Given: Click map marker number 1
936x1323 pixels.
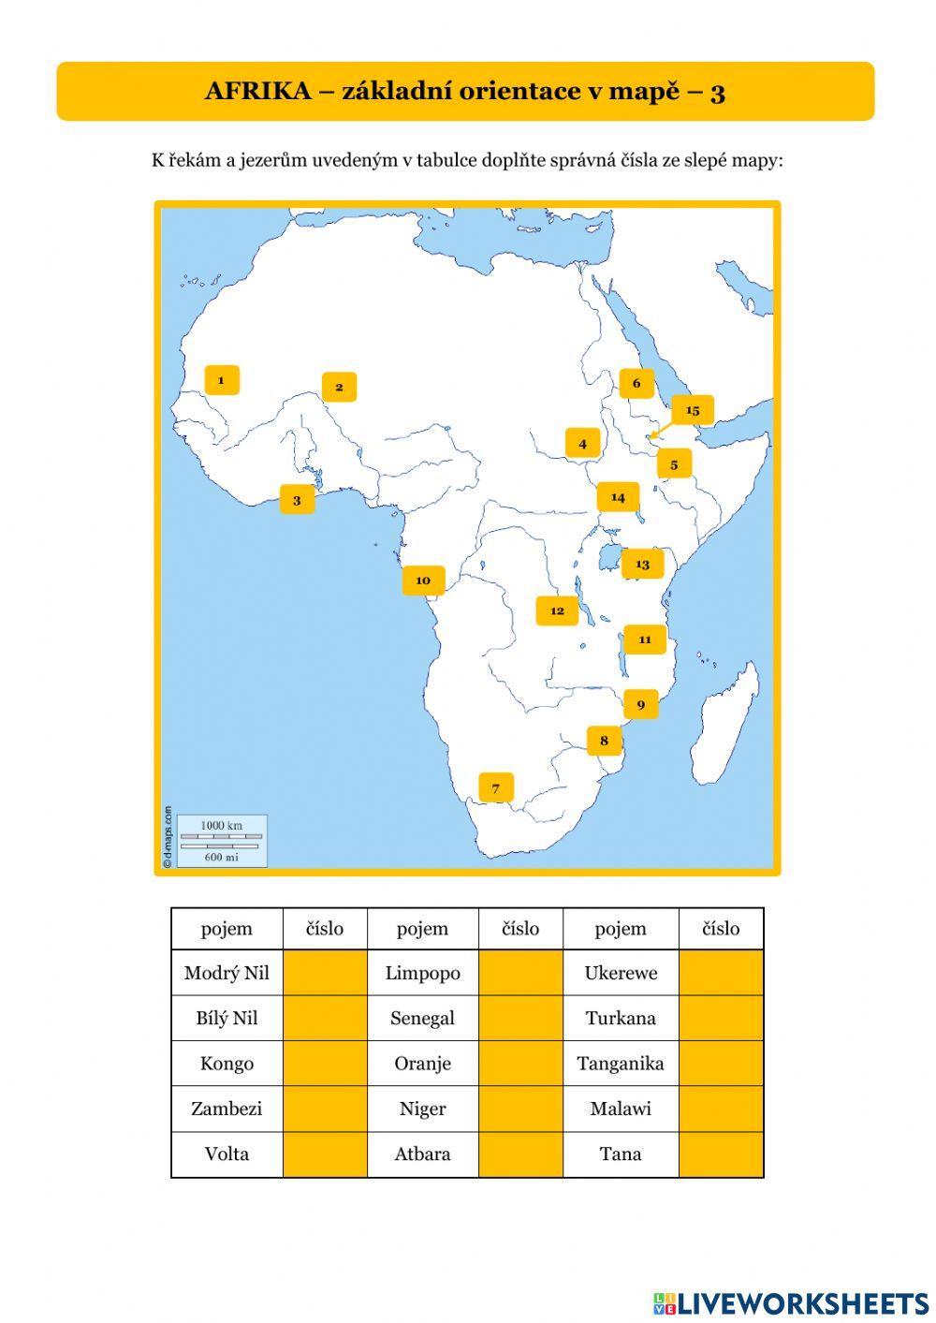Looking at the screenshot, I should [x=222, y=380].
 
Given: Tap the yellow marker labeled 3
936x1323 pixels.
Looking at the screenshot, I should [x=297, y=500].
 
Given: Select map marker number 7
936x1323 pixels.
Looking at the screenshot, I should [x=495, y=787].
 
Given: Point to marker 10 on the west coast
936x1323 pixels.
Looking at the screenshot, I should [x=423, y=581].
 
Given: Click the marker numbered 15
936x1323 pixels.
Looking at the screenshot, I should [x=693, y=410].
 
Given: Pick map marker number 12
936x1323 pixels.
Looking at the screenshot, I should [x=557, y=610].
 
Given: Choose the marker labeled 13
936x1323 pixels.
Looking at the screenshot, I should [x=642, y=564].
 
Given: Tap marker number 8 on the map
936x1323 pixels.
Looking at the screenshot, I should [x=604, y=741].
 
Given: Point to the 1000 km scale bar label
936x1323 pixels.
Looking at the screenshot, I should [x=221, y=825].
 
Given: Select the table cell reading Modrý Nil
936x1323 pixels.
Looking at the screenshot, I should [x=227, y=973].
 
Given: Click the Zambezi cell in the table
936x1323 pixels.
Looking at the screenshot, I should [x=227, y=1109].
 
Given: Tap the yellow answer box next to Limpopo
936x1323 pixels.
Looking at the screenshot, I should [x=520, y=973].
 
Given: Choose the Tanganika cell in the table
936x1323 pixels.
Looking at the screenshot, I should [x=621, y=1064].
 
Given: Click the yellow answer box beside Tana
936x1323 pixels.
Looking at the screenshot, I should [x=721, y=1154].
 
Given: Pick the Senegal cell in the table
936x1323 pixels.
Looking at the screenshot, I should [x=422, y=1018].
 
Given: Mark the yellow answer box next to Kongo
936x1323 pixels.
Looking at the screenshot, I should [x=325, y=1064].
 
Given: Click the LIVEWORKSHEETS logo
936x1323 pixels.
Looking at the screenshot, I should [x=791, y=1302].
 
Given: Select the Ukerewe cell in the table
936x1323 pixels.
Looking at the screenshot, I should [x=621, y=973].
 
